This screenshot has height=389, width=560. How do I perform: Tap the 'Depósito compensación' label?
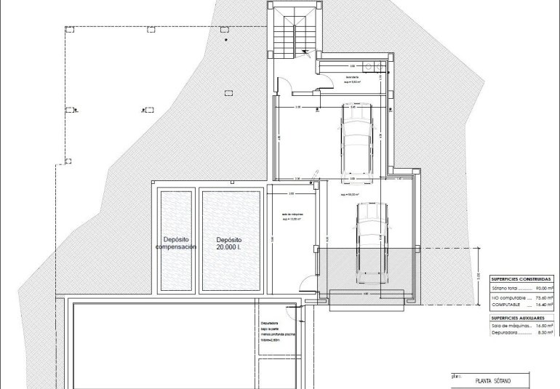click(x=176, y=244)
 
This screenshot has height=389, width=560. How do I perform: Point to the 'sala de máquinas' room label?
click(x=292, y=216)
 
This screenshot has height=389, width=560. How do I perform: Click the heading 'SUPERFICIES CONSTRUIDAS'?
click(x=521, y=278)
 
